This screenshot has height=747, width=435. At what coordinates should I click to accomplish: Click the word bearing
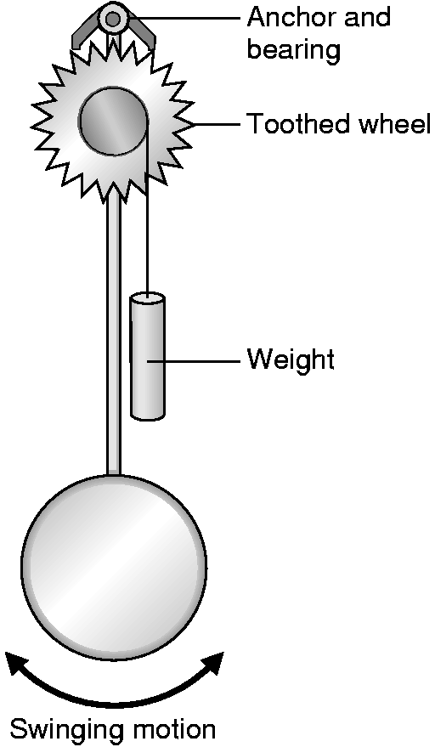pos(293,50)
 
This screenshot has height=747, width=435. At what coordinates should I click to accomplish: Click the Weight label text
pos(291,359)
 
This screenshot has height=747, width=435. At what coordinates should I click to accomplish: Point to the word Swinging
pos(62,730)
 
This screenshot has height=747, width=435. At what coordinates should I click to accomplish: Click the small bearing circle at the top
pos(113,19)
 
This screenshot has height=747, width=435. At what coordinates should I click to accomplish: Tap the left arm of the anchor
pos(82,34)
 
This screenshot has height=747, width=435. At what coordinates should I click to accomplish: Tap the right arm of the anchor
pos(143,32)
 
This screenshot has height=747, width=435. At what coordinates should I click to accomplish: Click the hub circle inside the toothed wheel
pos(113,121)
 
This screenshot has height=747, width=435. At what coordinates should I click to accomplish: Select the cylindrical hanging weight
pos(148,357)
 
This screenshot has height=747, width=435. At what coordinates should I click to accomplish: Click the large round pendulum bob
pos(114,568)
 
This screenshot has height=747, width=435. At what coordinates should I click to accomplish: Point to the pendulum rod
pos(113,333)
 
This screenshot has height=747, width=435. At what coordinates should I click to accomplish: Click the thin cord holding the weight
pos(147,210)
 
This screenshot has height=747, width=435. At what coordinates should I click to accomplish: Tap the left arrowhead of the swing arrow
pos(18,664)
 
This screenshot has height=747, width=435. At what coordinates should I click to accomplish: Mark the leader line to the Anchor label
pos(183,18)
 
